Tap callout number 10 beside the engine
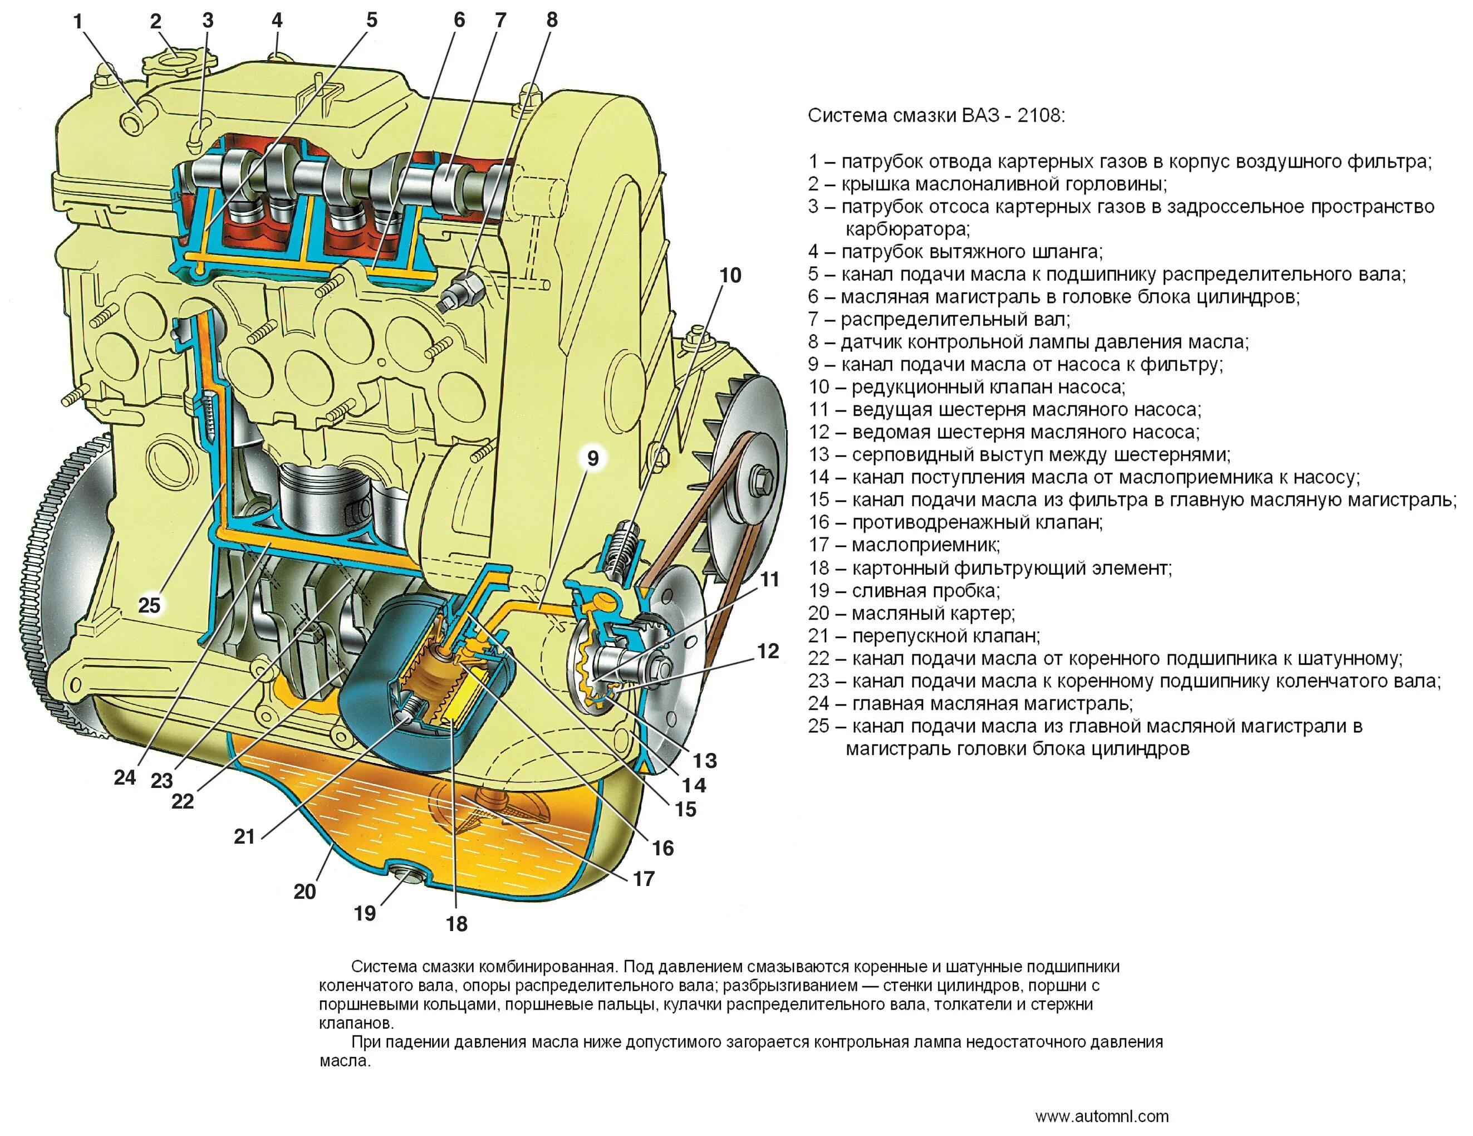tap(730, 275)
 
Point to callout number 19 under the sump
tap(365, 913)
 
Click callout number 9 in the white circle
tap(592, 459)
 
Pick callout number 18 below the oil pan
tap(456, 923)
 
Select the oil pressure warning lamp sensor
tap(462, 291)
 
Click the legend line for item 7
tap(939, 319)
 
